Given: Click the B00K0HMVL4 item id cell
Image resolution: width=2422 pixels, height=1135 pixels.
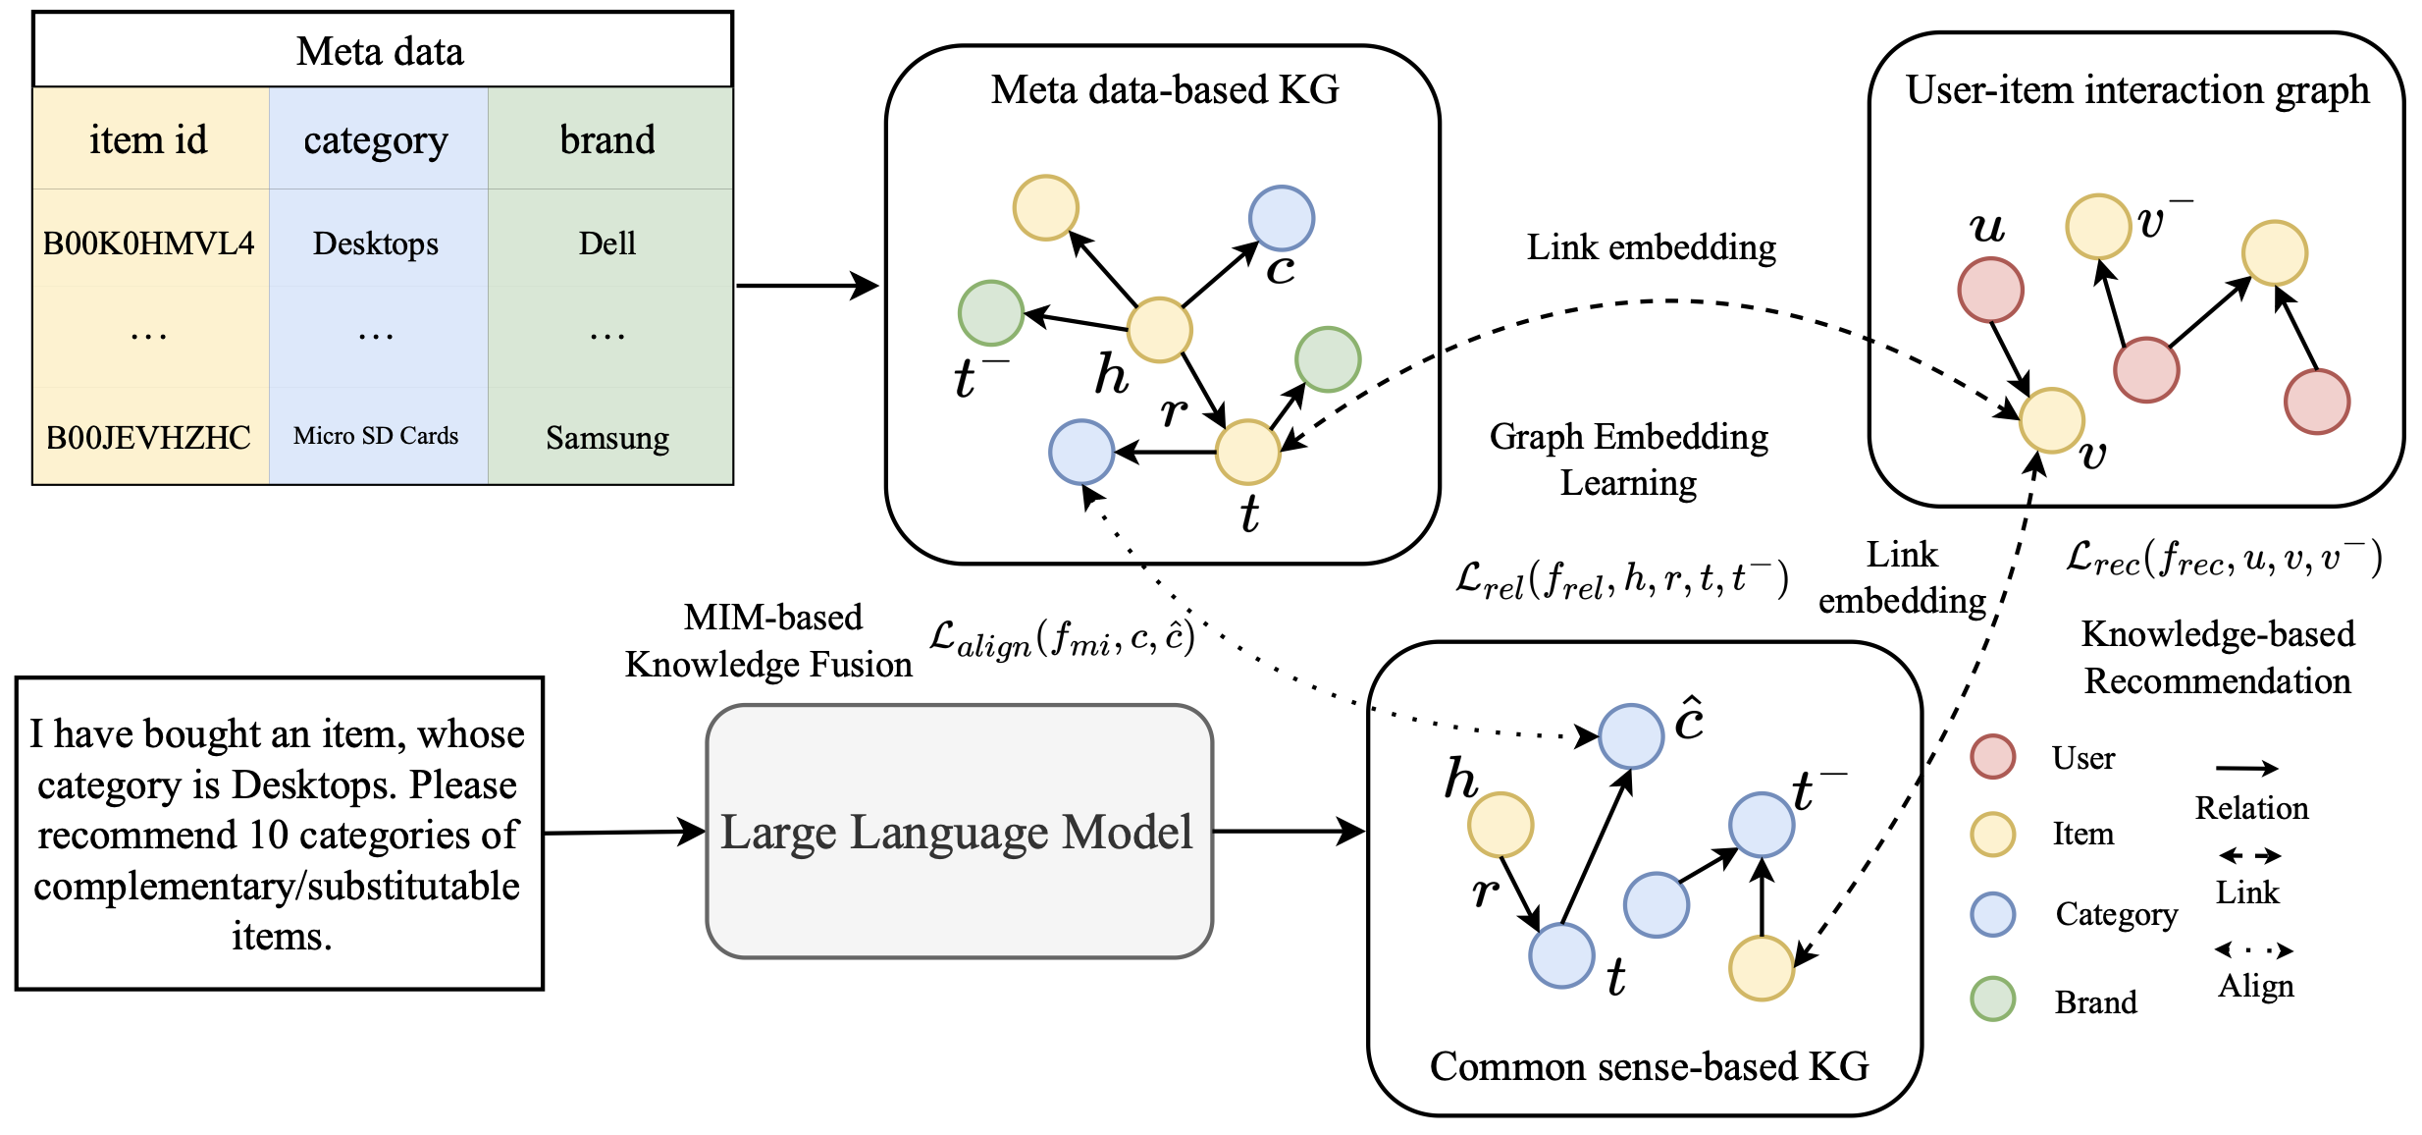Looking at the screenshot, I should pyautogui.click(x=149, y=243).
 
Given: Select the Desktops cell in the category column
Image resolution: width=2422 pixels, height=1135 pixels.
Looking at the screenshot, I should pyautogui.click(x=376, y=243).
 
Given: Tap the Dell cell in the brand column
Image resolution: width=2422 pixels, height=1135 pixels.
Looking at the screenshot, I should pyautogui.click(x=607, y=243).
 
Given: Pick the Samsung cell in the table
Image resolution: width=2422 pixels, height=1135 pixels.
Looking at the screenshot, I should pyautogui.click(x=607, y=437).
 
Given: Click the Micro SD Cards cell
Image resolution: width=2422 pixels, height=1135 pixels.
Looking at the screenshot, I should pyautogui.click(x=376, y=436).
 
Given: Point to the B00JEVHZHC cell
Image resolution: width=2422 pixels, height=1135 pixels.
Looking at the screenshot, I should pyautogui.click(x=149, y=437).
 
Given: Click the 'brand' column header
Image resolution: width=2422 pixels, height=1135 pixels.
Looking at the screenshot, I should pyautogui.click(x=607, y=139).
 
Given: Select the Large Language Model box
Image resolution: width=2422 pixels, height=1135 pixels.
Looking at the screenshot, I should pyautogui.click(x=959, y=832).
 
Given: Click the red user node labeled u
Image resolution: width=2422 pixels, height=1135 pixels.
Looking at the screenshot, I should pyautogui.click(x=1990, y=290).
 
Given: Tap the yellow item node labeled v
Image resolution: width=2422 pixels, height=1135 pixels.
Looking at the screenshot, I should pyautogui.click(x=2051, y=420).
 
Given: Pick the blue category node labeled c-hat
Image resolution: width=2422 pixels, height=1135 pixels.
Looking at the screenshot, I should pyautogui.click(x=1631, y=735).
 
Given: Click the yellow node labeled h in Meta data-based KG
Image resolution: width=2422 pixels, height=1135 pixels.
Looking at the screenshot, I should pyautogui.click(x=1159, y=330).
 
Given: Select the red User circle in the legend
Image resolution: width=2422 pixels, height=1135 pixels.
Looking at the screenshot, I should pyautogui.click(x=1992, y=756).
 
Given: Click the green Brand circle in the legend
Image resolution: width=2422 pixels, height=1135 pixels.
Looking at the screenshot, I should pyautogui.click(x=1992, y=999).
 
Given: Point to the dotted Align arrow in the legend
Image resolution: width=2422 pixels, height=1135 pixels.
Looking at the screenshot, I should pyautogui.click(x=2254, y=949).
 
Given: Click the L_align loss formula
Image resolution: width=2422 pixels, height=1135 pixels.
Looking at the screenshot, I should pyautogui.click(x=1062, y=639).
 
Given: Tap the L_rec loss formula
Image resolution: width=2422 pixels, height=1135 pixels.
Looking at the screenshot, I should pyautogui.click(x=2224, y=559).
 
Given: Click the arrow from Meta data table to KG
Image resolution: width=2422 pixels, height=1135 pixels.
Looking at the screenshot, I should pyautogui.click(x=807, y=286).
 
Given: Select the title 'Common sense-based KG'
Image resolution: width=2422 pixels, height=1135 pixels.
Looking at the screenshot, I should pyautogui.click(x=1649, y=1066).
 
